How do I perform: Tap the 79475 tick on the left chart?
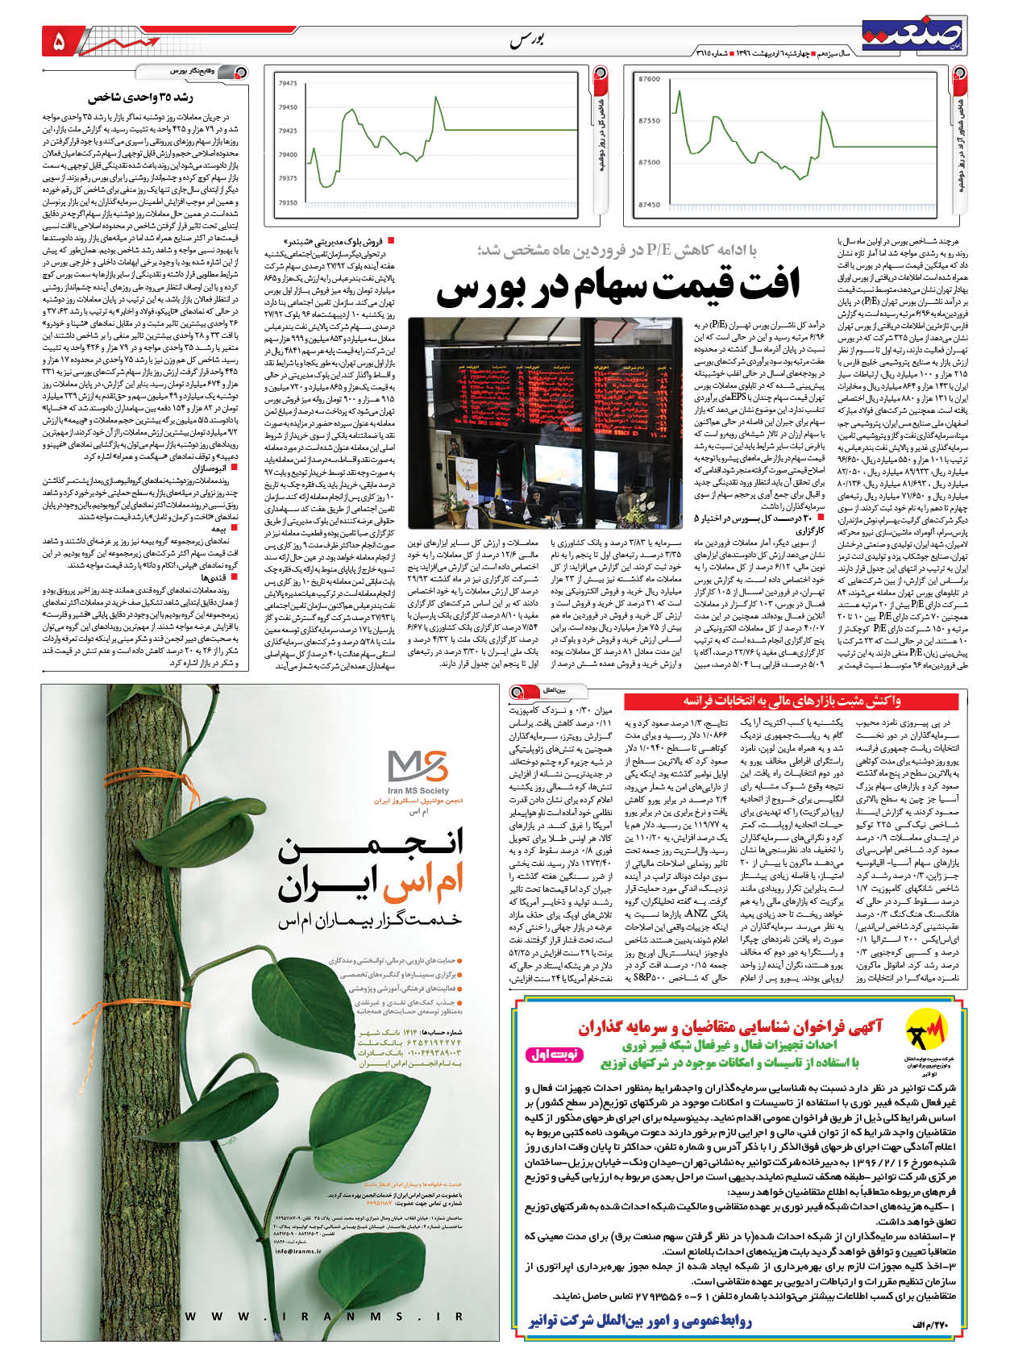tap(286, 83)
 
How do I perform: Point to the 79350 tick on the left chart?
tap(286, 203)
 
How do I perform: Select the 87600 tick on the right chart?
tap(648, 80)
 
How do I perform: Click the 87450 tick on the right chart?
tap(648, 205)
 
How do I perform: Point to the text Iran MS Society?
tap(418, 792)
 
